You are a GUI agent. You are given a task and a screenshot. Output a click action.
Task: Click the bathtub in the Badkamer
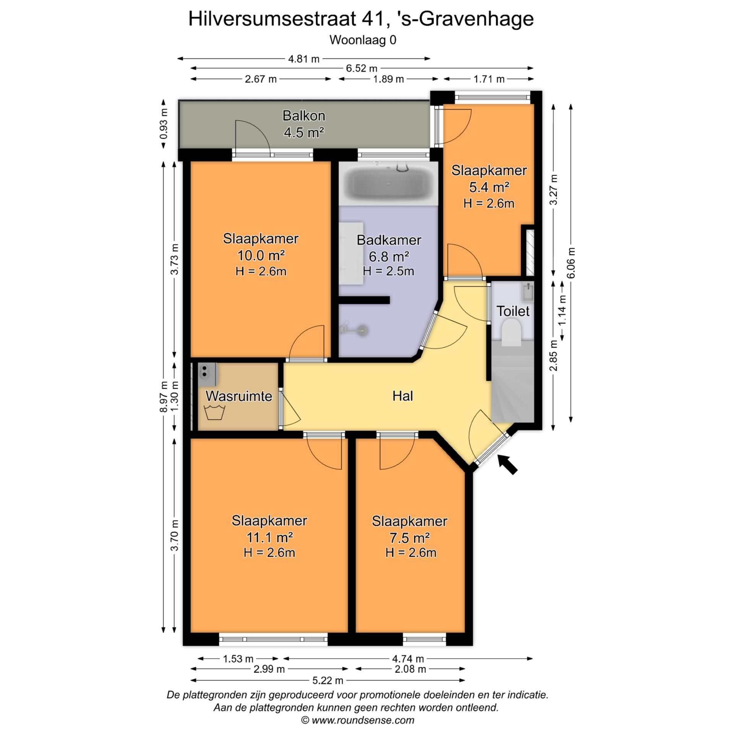tap(388, 184)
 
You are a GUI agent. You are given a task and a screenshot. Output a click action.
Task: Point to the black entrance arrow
tap(508, 464)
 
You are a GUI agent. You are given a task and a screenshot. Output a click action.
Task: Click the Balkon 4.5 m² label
tap(304, 124)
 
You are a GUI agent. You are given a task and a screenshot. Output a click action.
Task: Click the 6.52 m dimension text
tap(361, 68)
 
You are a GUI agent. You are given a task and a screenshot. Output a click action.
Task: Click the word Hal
tap(403, 396)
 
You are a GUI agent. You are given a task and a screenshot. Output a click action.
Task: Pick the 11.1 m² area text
tap(270, 538)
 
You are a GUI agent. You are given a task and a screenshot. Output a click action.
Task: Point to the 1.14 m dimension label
tap(562, 310)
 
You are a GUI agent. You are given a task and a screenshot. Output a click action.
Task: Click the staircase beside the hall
tap(512, 382)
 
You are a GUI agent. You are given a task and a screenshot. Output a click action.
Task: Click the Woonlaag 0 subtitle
tap(363, 40)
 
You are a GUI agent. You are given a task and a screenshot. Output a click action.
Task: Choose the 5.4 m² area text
tap(489, 187)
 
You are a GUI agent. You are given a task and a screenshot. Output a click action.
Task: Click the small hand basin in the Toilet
tap(528, 292)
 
